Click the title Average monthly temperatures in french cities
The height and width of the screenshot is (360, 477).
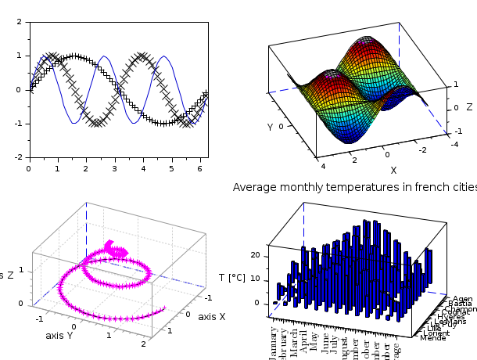(x=354, y=188)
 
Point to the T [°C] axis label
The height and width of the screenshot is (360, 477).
(x=232, y=278)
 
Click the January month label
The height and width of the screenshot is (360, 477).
(x=274, y=342)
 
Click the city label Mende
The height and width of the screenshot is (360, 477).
(x=432, y=338)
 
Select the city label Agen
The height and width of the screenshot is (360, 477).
(x=461, y=299)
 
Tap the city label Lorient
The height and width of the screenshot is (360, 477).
(x=436, y=333)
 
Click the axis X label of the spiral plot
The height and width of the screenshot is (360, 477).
(x=211, y=317)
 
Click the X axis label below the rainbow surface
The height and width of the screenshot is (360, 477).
(x=393, y=170)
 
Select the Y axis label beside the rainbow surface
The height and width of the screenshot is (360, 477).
(x=270, y=127)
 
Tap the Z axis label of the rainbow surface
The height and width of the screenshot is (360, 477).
(x=469, y=106)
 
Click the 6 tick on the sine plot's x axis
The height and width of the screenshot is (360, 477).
(x=199, y=167)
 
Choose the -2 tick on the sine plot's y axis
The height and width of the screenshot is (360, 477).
(x=20, y=157)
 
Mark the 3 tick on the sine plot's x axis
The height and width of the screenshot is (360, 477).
(x=114, y=167)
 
